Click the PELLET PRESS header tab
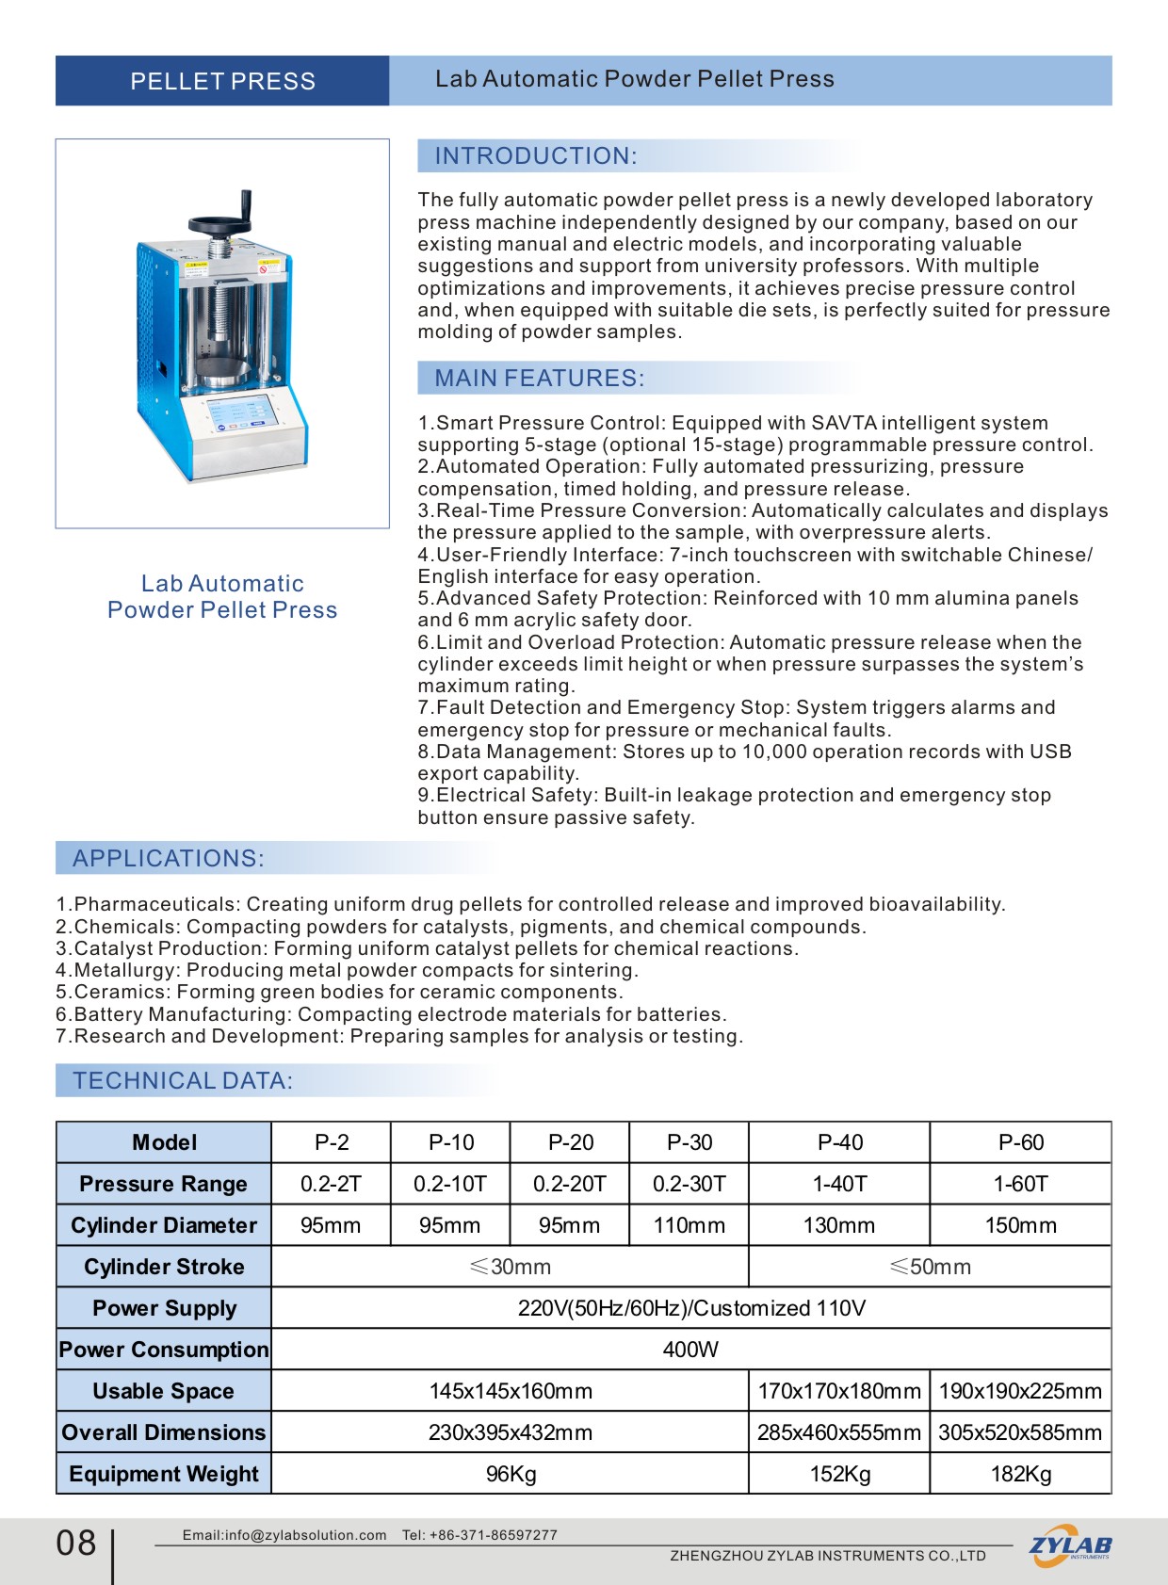[x=222, y=81]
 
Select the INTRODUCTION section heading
[x=536, y=156]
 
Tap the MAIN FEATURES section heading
[x=540, y=379]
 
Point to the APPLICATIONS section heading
[x=169, y=859]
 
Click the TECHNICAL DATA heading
[x=183, y=1081]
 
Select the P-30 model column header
[x=689, y=1142]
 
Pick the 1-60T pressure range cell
[x=1020, y=1184]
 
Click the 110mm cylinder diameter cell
[x=689, y=1225]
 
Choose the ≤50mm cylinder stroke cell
[x=930, y=1267]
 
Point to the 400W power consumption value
[x=690, y=1350]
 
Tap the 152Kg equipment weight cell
[x=839, y=1474]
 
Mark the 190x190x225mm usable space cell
[x=1020, y=1391]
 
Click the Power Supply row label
[x=164, y=1308]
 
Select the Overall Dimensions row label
[x=164, y=1432]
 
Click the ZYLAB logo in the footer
[x=1070, y=1545]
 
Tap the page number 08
[x=76, y=1543]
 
